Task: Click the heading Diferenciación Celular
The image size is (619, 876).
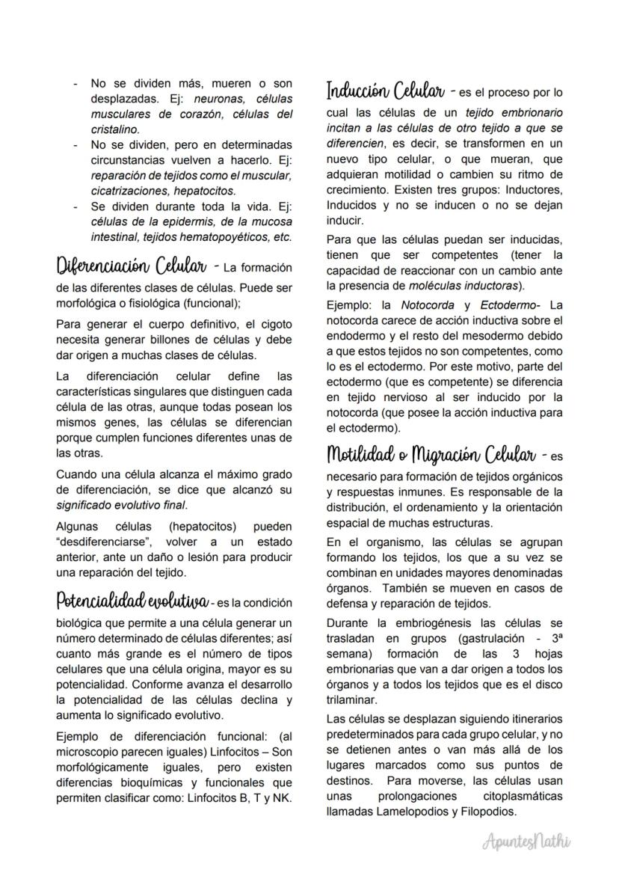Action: coord(132,267)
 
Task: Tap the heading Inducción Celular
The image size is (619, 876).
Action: coord(385,92)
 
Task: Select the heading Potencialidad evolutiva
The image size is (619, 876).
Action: coord(132,601)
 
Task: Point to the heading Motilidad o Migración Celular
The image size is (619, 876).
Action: coord(431,454)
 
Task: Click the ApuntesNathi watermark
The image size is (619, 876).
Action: coord(527,842)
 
